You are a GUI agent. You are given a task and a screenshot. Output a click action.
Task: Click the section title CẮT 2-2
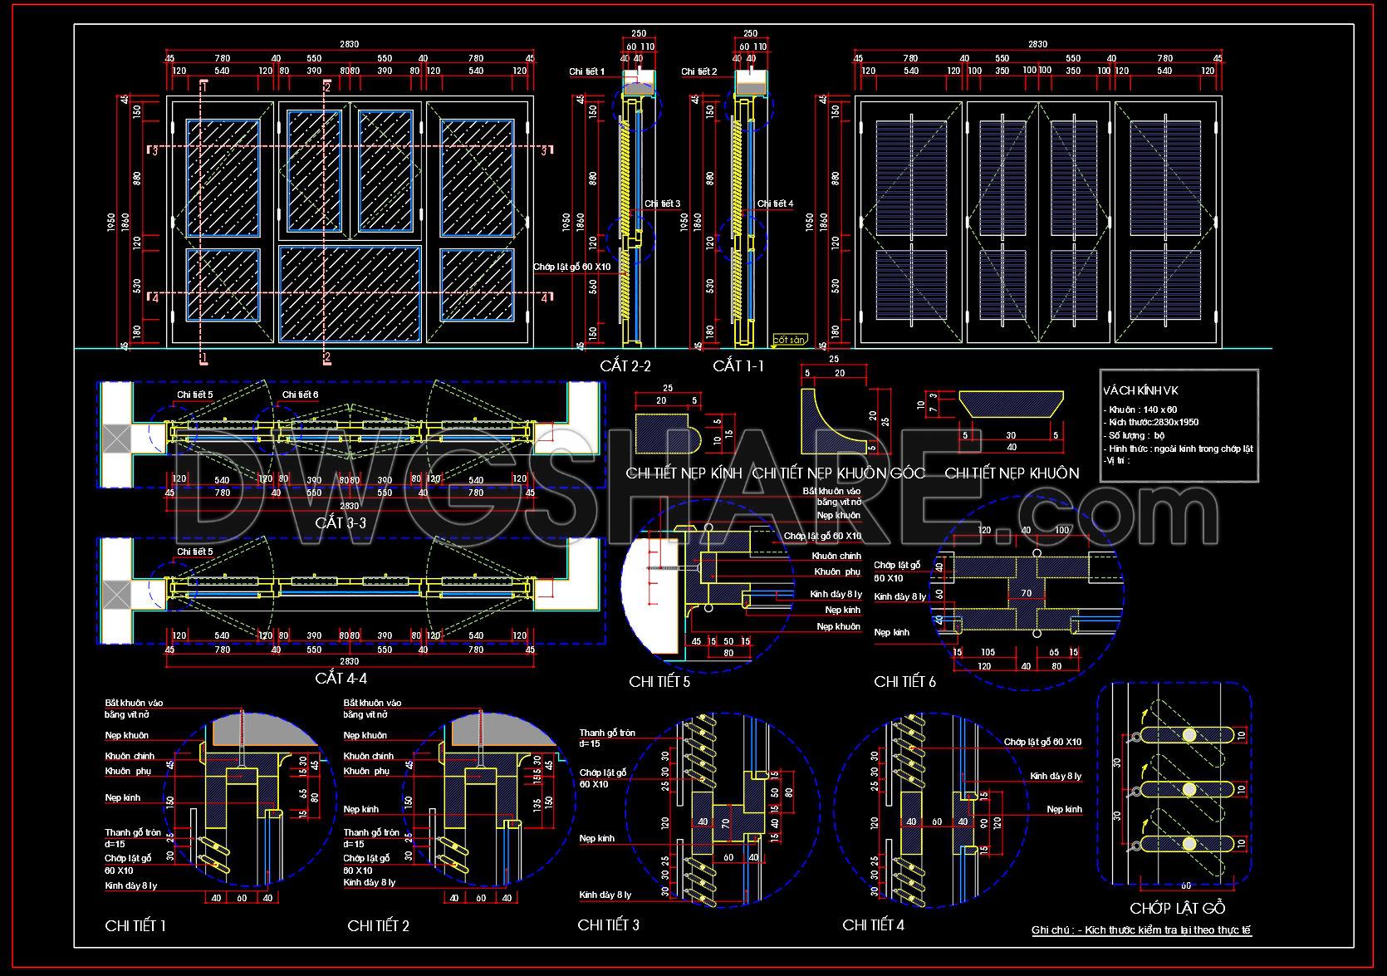click(x=625, y=365)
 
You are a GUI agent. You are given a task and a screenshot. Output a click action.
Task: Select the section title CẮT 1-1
click(x=738, y=365)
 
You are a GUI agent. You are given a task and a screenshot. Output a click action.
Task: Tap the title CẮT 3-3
click(x=341, y=523)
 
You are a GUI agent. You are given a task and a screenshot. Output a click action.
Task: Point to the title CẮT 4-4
click(x=341, y=679)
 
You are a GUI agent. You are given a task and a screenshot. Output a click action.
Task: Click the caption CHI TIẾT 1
click(x=135, y=925)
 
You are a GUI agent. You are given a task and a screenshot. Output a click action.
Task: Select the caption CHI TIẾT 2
click(x=378, y=925)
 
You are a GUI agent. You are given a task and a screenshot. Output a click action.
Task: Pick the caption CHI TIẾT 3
click(x=608, y=925)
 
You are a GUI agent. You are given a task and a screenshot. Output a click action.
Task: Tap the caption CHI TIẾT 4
click(x=873, y=925)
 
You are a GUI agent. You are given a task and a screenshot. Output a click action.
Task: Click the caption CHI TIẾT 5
click(x=659, y=682)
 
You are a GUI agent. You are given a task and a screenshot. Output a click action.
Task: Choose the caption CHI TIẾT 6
click(x=904, y=682)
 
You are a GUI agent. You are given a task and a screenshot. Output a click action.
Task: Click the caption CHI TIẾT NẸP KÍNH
click(x=684, y=473)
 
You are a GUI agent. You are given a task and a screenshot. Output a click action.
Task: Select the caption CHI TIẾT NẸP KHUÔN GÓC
click(x=839, y=473)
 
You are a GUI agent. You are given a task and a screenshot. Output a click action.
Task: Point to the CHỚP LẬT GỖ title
click(x=1177, y=908)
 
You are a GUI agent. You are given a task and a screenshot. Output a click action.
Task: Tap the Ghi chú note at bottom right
click(x=1141, y=930)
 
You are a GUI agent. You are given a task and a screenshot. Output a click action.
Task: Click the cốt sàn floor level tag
click(x=789, y=340)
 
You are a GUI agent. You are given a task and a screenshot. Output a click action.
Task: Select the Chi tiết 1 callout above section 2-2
click(x=586, y=72)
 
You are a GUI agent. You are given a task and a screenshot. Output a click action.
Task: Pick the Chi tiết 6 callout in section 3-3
click(x=300, y=395)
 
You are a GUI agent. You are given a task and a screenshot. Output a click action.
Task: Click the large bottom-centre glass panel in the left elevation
click(x=350, y=293)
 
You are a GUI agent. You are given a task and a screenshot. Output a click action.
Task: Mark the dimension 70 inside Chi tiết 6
click(x=1026, y=593)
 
